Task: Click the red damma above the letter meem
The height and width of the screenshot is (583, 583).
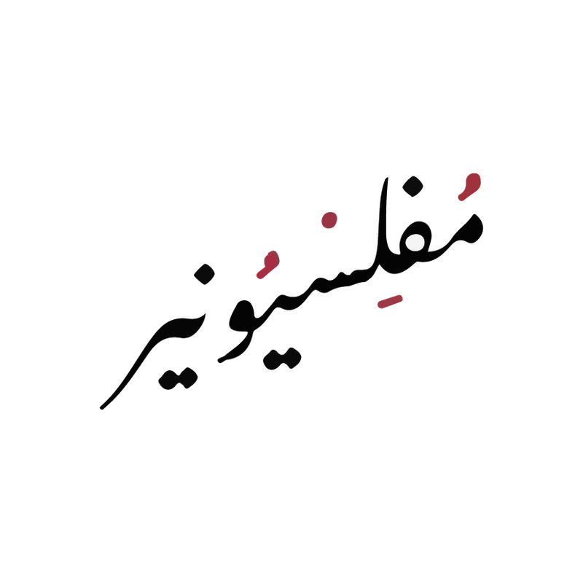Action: click(x=471, y=185)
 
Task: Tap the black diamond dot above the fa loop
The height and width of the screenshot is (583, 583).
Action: click(x=412, y=187)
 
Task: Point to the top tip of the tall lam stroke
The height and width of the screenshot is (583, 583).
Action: click(x=387, y=178)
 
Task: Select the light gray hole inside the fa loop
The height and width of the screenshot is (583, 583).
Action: click(x=415, y=242)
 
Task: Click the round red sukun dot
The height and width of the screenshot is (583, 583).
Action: click(x=329, y=220)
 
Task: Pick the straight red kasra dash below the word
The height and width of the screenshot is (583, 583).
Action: click(x=390, y=302)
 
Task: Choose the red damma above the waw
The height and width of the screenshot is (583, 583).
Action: click(x=268, y=265)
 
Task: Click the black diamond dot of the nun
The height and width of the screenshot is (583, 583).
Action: click(x=204, y=274)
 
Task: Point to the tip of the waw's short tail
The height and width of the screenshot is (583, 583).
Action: click(x=220, y=361)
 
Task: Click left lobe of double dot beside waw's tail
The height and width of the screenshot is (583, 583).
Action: click(x=273, y=360)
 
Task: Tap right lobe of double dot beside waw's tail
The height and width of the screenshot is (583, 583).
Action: click(x=292, y=358)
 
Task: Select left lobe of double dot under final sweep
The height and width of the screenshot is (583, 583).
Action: click(x=168, y=380)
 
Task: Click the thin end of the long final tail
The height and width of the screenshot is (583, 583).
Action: click(x=101, y=408)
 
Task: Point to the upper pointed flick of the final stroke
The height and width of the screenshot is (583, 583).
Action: click(x=204, y=316)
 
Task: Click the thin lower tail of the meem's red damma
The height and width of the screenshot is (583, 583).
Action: click(x=461, y=197)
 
